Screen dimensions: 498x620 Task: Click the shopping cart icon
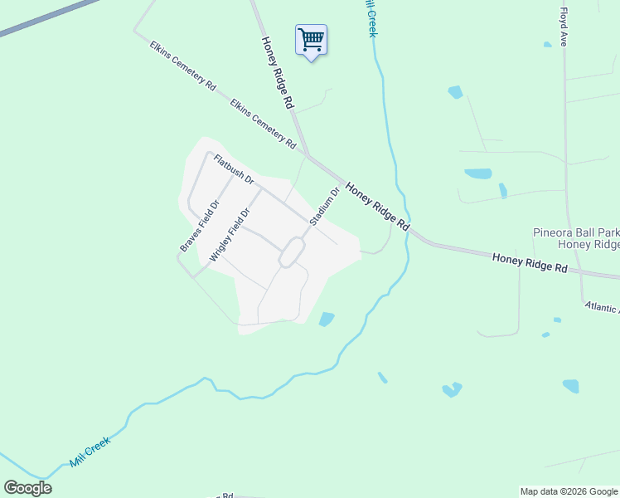(311, 39)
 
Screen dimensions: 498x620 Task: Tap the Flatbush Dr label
(233, 169)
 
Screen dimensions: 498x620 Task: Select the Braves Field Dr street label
(200, 226)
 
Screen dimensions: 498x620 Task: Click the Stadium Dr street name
(325, 207)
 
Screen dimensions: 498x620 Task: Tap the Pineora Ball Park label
(575, 233)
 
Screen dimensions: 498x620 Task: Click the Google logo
(27, 488)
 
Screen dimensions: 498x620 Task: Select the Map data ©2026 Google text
(569, 491)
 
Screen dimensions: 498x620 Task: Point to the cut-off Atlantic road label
(601, 307)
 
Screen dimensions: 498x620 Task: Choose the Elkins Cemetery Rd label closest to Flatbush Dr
(264, 124)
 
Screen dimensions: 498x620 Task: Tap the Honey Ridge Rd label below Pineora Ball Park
(529, 264)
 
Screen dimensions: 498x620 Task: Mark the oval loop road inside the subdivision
(290, 251)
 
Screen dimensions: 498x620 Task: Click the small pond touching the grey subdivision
(327, 319)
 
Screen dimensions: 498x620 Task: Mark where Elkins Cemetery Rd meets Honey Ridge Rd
(307, 154)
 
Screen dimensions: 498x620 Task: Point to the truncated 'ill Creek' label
(370, 17)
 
